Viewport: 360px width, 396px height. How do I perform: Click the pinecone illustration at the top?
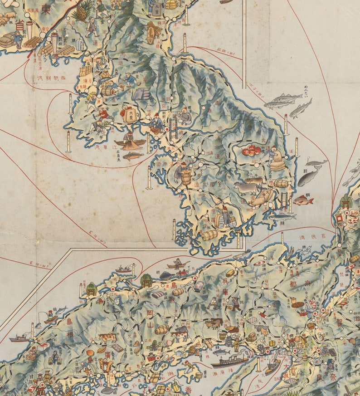coord(83,11)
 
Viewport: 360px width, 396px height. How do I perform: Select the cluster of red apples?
coord(251,150)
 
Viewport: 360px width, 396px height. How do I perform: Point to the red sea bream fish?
coord(303,200)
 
